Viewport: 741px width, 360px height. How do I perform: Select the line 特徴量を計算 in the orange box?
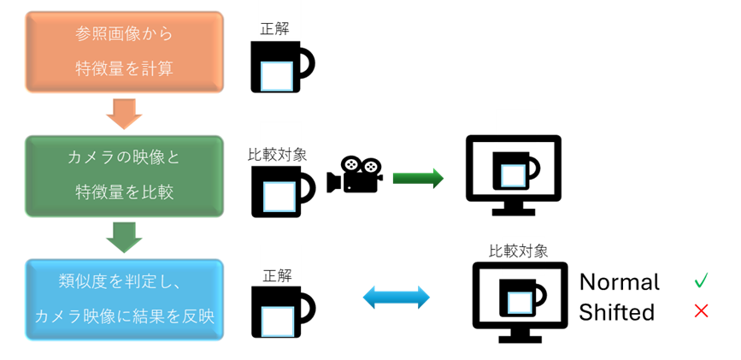click(x=123, y=68)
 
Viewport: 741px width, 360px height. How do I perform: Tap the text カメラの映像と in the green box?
click(x=123, y=158)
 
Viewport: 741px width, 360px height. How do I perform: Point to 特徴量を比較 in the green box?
click(x=123, y=192)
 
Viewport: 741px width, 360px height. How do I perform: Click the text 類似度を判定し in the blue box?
click(x=123, y=282)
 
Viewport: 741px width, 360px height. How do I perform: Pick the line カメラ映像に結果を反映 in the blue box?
click(x=123, y=316)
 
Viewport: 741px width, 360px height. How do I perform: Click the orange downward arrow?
click(x=123, y=112)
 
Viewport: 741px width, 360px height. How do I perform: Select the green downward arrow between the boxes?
click(x=125, y=236)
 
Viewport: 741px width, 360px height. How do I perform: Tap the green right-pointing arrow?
click(x=418, y=178)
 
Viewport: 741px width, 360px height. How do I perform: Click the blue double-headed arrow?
click(x=396, y=298)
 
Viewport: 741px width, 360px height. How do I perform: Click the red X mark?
click(x=701, y=310)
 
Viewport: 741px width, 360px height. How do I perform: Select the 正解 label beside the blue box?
click(x=278, y=275)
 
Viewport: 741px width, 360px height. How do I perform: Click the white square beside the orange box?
click(x=276, y=76)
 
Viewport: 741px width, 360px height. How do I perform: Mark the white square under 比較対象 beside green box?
click(x=279, y=197)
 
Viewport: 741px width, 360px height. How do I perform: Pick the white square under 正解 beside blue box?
click(x=277, y=322)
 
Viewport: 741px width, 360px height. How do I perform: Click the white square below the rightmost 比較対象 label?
click(x=520, y=303)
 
